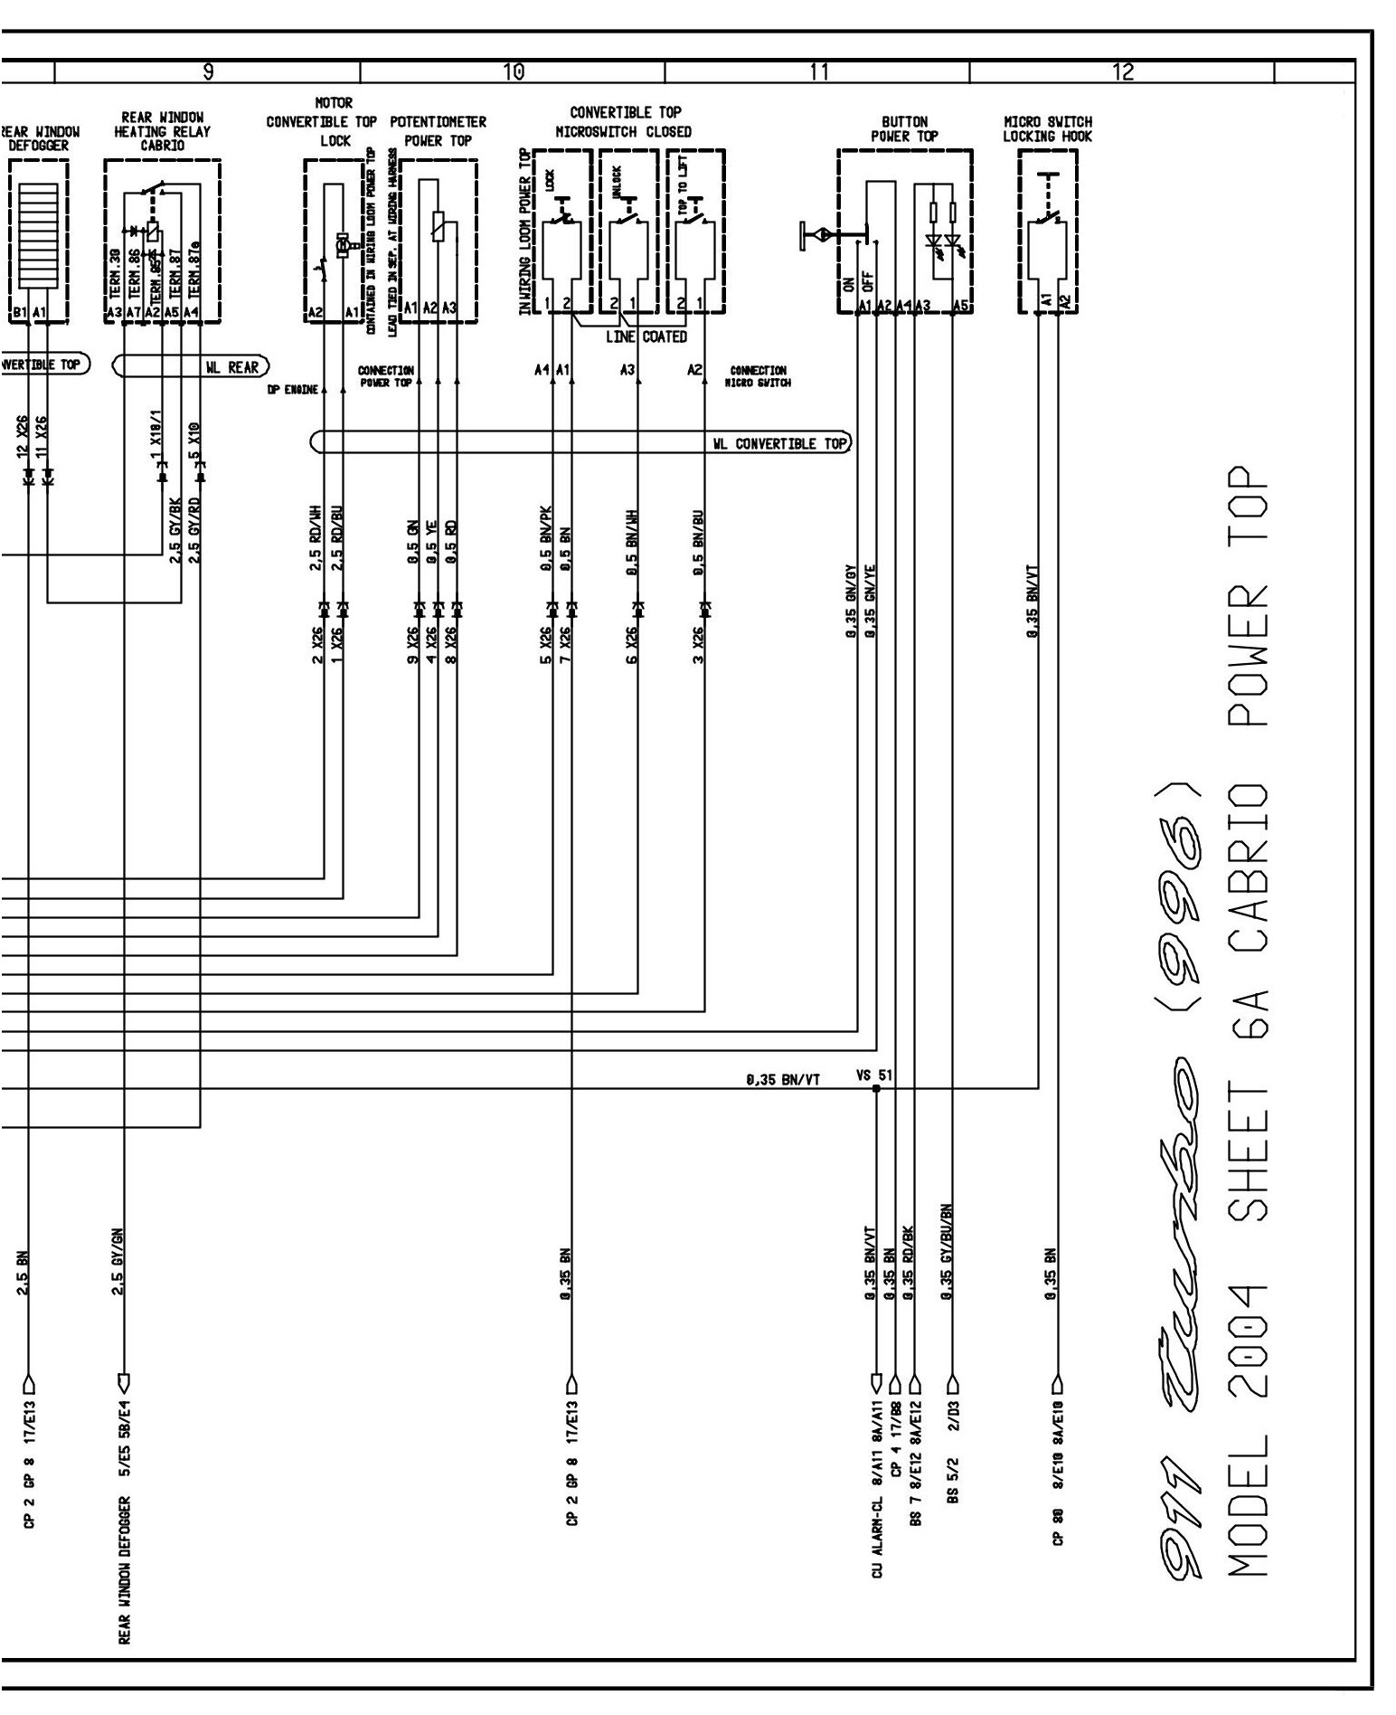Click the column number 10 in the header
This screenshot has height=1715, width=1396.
point(513,72)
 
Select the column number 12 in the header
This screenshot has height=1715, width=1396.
point(1122,72)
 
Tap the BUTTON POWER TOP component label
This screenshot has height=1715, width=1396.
point(904,129)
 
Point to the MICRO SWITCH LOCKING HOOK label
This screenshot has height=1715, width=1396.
point(1047,129)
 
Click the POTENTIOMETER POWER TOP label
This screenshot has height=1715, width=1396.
point(438,131)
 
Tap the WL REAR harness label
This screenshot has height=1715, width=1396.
point(231,366)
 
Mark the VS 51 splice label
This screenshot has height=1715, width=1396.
point(873,1075)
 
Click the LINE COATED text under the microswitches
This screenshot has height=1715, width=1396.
point(646,337)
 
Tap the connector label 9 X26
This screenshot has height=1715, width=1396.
point(412,645)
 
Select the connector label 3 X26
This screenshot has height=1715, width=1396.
point(698,645)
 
